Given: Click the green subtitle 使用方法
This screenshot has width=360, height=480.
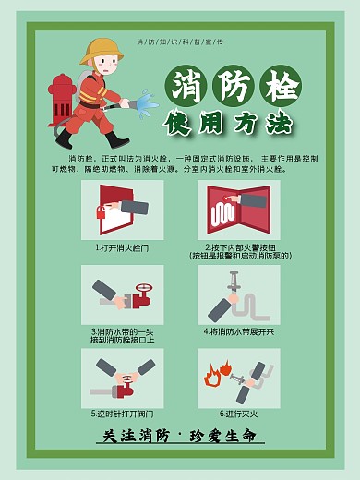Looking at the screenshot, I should click(x=228, y=122).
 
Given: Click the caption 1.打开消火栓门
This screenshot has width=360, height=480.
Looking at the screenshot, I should click(x=122, y=248).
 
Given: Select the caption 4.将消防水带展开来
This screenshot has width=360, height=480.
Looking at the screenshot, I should click(x=238, y=330).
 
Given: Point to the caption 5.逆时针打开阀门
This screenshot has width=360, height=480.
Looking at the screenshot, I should click(x=122, y=413).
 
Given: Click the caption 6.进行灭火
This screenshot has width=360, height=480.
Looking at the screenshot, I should click(x=238, y=413).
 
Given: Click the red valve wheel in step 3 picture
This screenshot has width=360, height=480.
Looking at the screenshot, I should click(x=142, y=298).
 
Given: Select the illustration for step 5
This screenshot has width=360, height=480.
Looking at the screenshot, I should click(x=122, y=377).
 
